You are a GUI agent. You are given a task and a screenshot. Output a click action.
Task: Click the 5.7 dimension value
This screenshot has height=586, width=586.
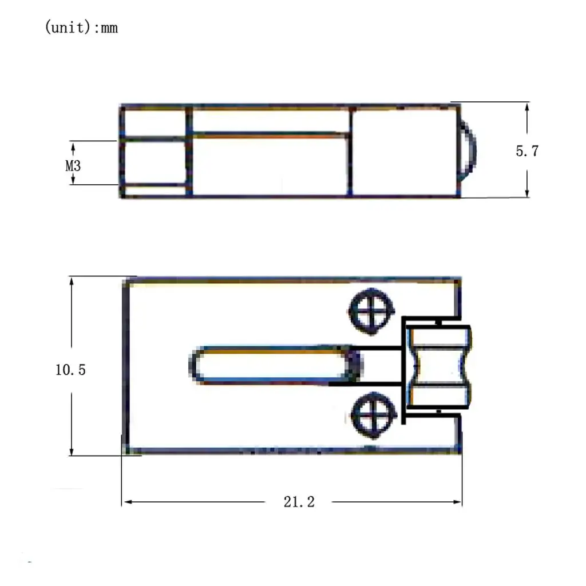click(x=527, y=151)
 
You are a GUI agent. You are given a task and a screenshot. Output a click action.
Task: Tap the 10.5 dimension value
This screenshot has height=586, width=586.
click(x=70, y=370)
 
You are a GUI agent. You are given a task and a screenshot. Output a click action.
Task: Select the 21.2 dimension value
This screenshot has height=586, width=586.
click(x=299, y=502)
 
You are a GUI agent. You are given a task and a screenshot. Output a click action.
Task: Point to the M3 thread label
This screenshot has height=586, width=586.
click(x=73, y=165)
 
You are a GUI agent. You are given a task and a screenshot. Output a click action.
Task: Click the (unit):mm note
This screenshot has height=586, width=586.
click(x=81, y=27)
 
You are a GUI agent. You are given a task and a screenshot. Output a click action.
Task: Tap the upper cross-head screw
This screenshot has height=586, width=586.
click(x=371, y=311)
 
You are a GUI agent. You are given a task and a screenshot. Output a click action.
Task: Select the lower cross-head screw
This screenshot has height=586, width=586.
click(x=374, y=415)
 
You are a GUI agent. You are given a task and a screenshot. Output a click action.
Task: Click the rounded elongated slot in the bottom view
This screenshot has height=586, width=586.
click(x=275, y=365)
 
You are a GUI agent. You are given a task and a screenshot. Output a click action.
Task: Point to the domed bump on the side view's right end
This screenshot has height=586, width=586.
click(x=469, y=151)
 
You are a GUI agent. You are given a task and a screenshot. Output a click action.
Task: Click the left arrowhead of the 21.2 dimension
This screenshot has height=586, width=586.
click(x=128, y=502)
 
